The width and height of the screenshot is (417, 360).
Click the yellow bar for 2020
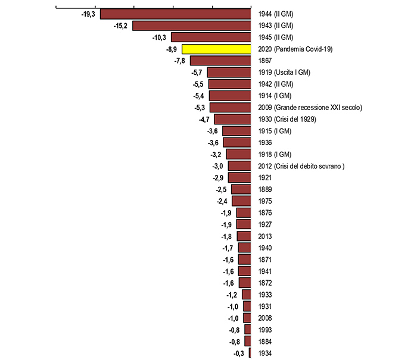pyautogui.click(x=216, y=49)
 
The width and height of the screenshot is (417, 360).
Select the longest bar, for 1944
pyautogui.click(x=176, y=14)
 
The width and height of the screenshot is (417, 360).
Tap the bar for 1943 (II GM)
pyautogui.click(x=191, y=26)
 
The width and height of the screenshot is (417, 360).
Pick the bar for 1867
pyautogui.click(x=220, y=61)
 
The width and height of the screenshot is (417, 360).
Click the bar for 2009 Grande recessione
pyautogui.click(x=231, y=107)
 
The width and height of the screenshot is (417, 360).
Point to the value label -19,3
pyautogui.click(x=88, y=14)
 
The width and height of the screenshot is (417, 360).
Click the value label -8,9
pyautogui.click(x=173, y=49)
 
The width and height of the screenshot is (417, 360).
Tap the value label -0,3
pyautogui.click(x=239, y=353)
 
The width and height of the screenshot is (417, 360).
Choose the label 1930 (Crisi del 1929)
pyautogui.click(x=287, y=119)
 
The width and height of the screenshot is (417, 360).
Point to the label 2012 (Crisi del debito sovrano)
pyautogui.click(x=301, y=165)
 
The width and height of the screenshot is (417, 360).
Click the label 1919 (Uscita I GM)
pyautogui.click(x=285, y=73)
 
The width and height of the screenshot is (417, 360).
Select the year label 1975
pyautogui.click(x=266, y=201)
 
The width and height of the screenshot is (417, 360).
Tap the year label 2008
pyautogui.click(x=266, y=318)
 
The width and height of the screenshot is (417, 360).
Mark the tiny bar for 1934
pyautogui.click(x=250, y=353)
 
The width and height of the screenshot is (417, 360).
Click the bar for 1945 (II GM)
pyautogui.click(x=211, y=37)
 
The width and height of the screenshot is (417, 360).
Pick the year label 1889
pyautogui.click(x=266, y=189)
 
